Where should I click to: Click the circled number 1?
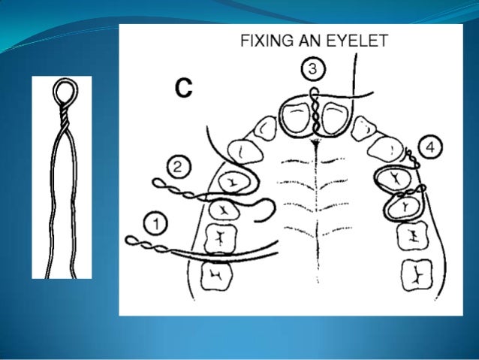155,223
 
